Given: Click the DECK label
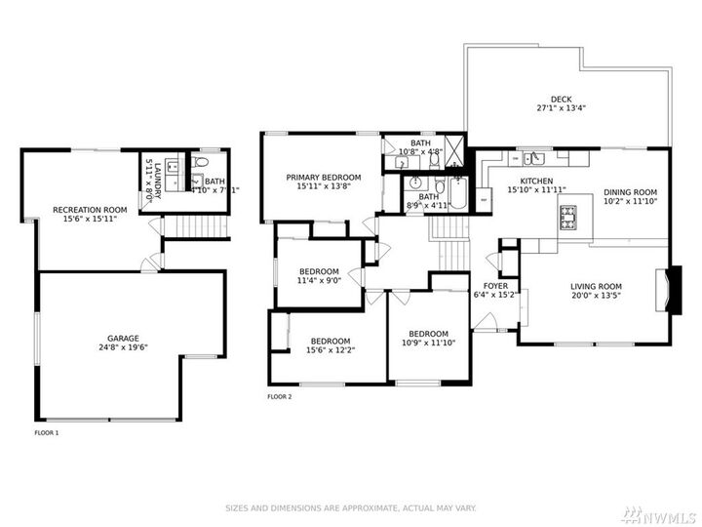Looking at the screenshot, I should (560, 99).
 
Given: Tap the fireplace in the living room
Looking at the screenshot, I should (667, 290).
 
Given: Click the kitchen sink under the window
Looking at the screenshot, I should (531, 157).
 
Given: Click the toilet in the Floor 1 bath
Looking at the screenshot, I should (202, 162).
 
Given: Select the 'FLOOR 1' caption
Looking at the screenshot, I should (47, 432).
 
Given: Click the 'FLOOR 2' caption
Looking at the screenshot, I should (279, 397).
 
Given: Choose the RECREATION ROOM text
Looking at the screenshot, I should (90, 210).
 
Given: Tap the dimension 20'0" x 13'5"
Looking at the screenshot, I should (596, 295).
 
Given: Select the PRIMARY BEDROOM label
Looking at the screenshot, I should (323, 177).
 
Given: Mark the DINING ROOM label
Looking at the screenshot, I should (630, 192).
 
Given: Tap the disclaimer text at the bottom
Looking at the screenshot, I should (350, 507).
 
